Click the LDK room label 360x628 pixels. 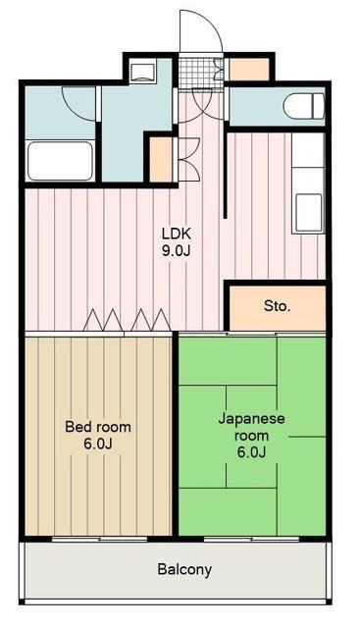click(x=176, y=234)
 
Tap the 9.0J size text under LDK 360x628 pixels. click(x=176, y=250)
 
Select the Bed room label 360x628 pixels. click(x=98, y=427)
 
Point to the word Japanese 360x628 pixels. click(x=251, y=419)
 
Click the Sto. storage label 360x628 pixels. click(x=277, y=306)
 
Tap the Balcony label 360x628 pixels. click(x=184, y=569)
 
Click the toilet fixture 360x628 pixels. click(x=304, y=106)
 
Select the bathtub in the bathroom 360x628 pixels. click(x=60, y=161)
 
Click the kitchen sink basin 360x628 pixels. click(x=308, y=212)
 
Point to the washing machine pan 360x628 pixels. click(x=142, y=72)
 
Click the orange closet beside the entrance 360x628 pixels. click(x=249, y=70)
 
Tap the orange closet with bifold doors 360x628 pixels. click(x=161, y=160)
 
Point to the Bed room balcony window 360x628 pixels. click(x=100, y=539)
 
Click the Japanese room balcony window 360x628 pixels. click(x=251, y=539)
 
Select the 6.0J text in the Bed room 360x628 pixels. click(x=98, y=444)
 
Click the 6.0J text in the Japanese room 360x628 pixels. click(x=251, y=452)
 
